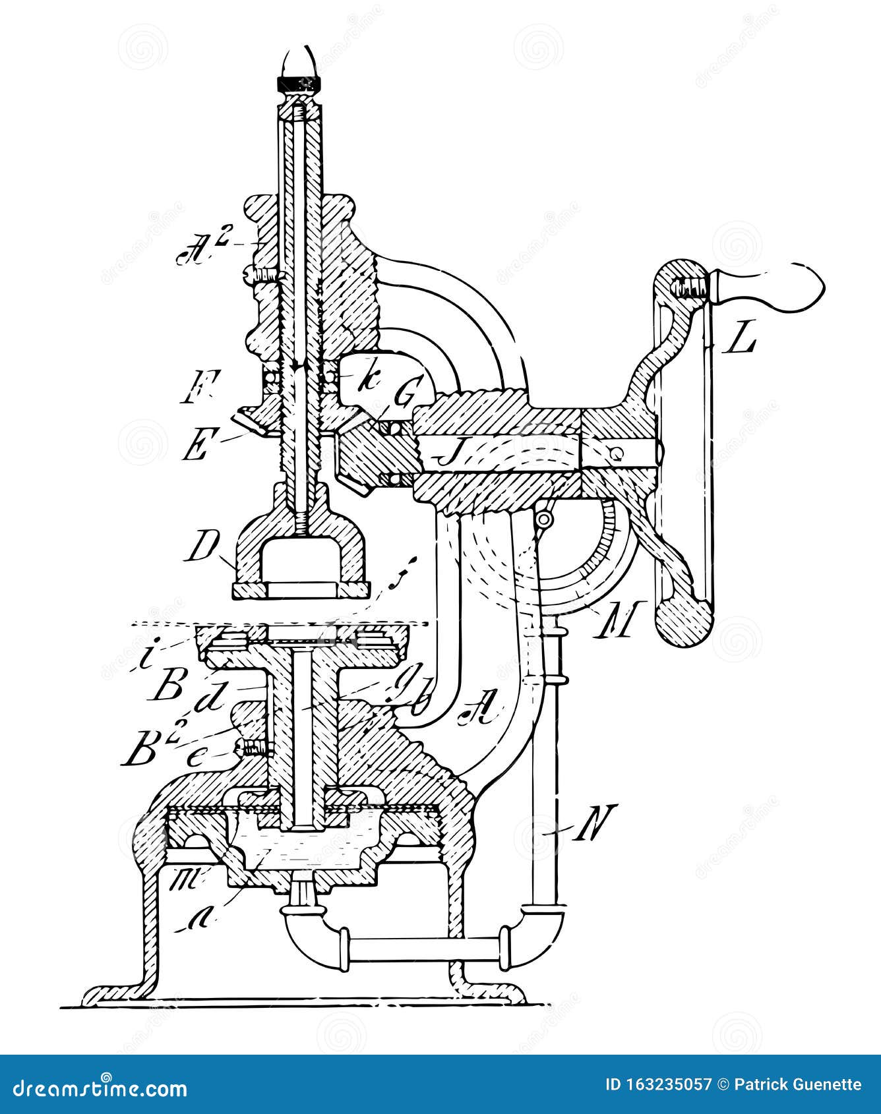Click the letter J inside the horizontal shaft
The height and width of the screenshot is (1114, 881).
(x=437, y=454)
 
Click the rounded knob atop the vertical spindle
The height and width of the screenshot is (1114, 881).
(x=300, y=63)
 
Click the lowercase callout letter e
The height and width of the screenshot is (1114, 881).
(x=197, y=758)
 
